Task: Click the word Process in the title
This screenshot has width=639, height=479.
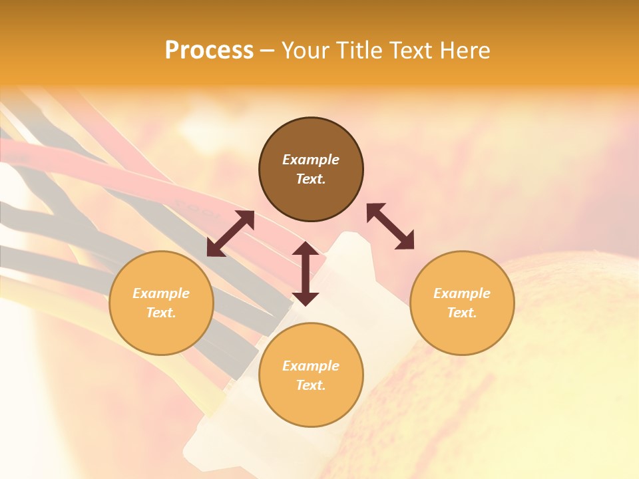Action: pyautogui.click(x=209, y=51)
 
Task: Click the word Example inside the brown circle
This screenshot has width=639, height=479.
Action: pyautogui.click(x=311, y=160)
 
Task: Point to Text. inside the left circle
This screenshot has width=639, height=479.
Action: pyautogui.click(x=161, y=313)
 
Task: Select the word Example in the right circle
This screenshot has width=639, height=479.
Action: pyautogui.click(x=462, y=293)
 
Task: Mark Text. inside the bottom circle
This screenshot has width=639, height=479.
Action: pyautogui.click(x=311, y=385)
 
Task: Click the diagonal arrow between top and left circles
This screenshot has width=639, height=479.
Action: pyautogui.click(x=230, y=234)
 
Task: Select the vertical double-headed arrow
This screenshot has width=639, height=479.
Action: pyautogui.click(x=306, y=273)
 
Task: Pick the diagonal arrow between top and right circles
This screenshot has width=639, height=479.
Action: pyautogui.click(x=390, y=226)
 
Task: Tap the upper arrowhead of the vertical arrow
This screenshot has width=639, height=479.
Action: pyautogui.click(x=306, y=249)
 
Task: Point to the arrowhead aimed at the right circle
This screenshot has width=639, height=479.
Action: pyautogui.click(x=405, y=241)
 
